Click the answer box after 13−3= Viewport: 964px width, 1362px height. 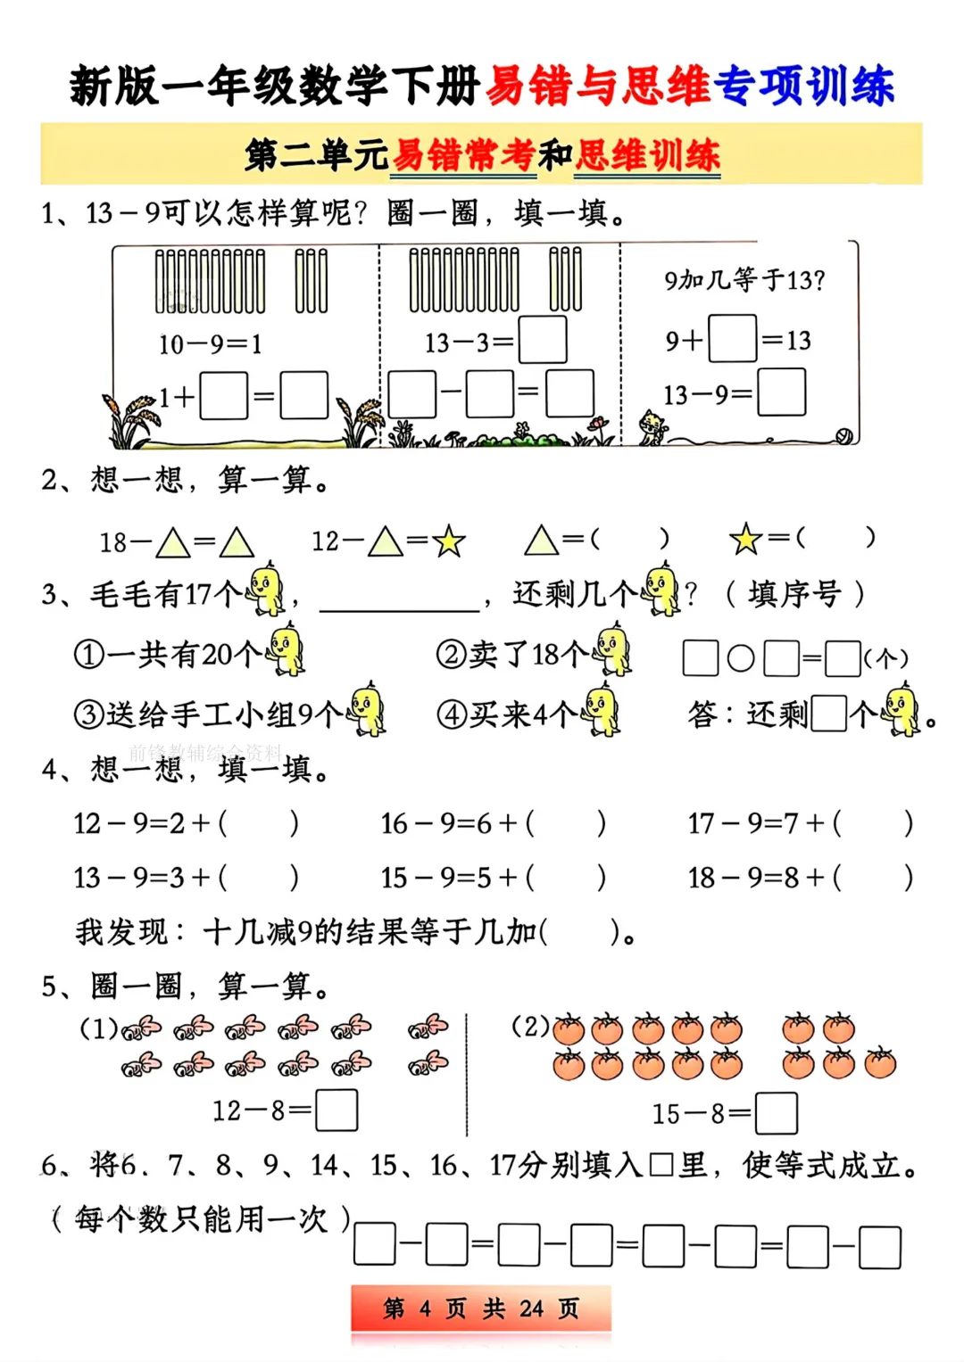click(543, 339)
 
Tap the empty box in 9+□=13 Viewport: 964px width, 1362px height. click(733, 338)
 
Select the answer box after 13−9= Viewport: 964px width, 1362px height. click(782, 392)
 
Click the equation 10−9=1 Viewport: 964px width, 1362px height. click(210, 344)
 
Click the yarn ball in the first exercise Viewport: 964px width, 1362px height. click(844, 436)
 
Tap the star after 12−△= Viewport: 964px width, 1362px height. click(449, 541)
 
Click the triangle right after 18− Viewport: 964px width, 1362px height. click(173, 542)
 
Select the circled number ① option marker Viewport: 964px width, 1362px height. click(89, 655)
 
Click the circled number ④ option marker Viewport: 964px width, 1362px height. click(452, 714)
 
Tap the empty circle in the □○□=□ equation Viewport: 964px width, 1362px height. click(741, 658)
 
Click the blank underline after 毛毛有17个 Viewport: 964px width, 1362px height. click(400, 610)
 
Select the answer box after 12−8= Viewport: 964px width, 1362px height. click(337, 1110)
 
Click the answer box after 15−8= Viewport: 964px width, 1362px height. click(776, 1113)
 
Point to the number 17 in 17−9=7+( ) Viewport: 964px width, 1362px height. click(701, 824)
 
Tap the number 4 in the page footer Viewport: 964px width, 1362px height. click(425, 1308)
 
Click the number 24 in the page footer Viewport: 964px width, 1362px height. click(531, 1308)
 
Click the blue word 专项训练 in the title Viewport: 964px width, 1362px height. click(803, 85)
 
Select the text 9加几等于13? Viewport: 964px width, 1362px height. click(745, 280)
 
